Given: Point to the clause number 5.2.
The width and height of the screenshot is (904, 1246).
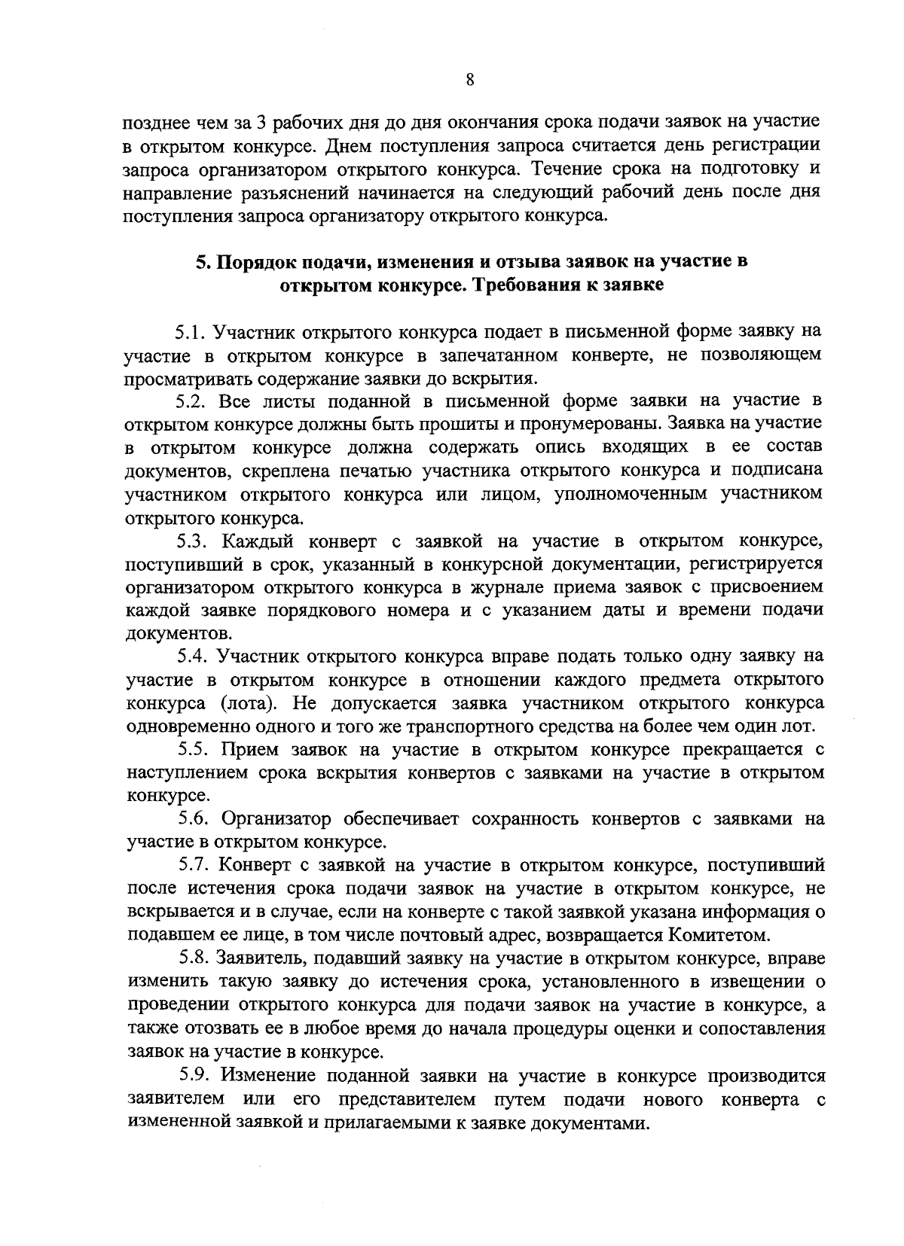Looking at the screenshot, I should pyautogui.click(x=193, y=400).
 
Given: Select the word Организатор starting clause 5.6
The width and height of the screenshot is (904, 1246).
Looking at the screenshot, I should pyautogui.click(x=275, y=818).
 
